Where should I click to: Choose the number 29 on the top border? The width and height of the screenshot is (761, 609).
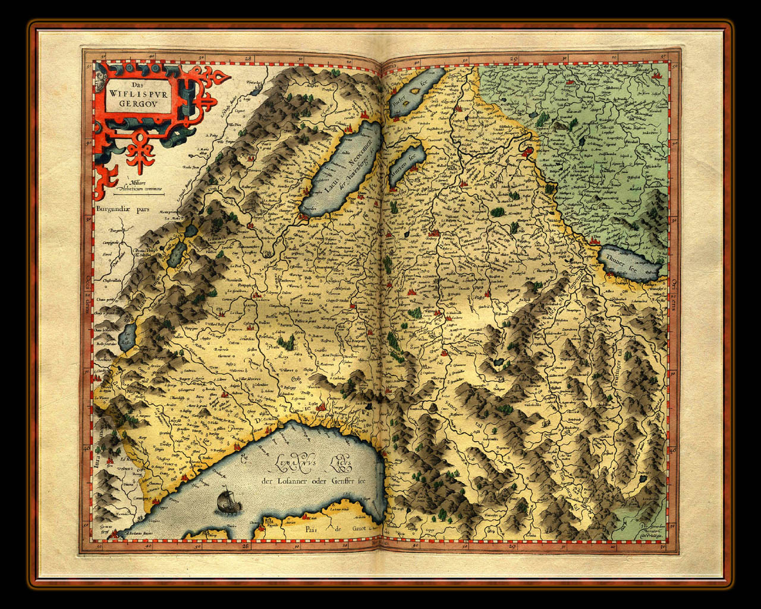(514, 59)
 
